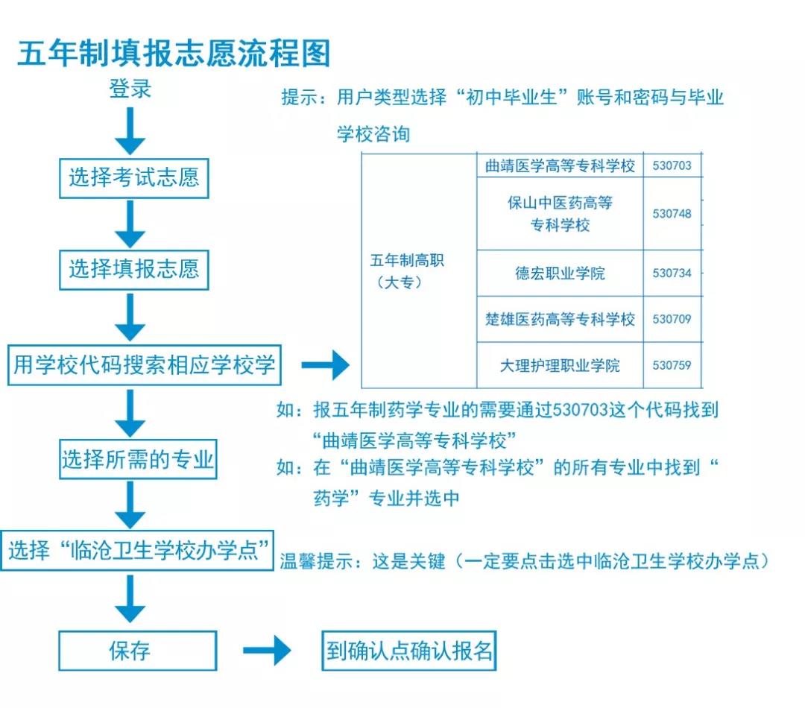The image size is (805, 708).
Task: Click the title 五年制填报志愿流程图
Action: click(173, 53)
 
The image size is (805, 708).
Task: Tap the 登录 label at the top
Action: click(130, 89)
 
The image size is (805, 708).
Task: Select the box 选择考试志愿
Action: click(134, 177)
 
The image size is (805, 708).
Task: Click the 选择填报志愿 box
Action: click(134, 269)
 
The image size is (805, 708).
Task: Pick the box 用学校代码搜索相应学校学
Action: click(145, 365)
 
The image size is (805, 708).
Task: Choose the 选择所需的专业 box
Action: click(138, 459)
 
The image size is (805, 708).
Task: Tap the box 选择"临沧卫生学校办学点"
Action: click(137, 551)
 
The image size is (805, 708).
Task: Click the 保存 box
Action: click(138, 651)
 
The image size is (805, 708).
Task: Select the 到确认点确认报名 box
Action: click(408, 651)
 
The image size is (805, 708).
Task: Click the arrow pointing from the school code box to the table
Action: click(326, 365)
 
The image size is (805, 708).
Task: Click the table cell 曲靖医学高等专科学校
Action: click(560, 165)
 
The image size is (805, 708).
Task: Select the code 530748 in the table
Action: click(672, 214)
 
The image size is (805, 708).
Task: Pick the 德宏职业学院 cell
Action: click(560, 274)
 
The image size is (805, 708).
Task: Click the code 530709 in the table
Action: click(672, 319)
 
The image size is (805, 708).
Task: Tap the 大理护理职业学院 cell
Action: click(560, 366)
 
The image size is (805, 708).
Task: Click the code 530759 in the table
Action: click(672, 366)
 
